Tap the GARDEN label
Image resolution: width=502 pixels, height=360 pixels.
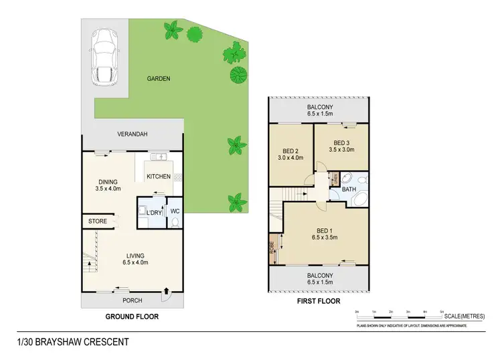coord(159,78)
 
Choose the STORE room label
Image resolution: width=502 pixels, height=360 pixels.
coord(98,221)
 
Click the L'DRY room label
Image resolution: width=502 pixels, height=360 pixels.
coord(154,213)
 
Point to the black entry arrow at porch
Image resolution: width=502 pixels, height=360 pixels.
coord(166,290)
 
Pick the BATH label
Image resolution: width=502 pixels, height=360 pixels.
coord(349,189)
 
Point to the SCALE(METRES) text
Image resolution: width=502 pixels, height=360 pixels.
coord(464,315)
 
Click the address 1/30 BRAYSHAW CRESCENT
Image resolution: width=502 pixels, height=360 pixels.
coord(73,342)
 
